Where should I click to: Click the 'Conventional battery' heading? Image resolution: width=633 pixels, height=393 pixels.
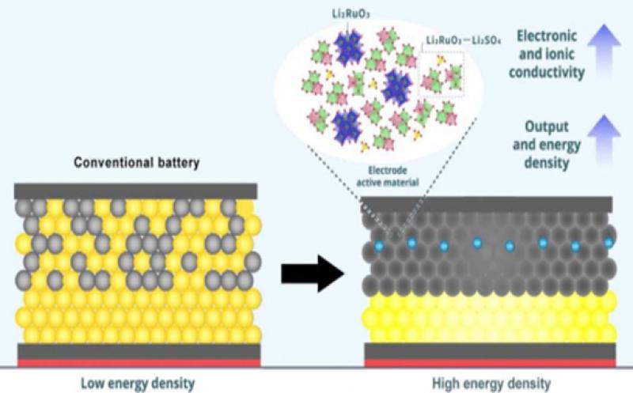pos(135,164)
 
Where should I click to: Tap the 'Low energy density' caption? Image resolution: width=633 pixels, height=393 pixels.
pos(135,384)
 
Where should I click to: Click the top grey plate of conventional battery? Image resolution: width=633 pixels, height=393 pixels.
pos(135,191)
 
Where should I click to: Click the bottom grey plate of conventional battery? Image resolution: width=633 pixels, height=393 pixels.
pos(135,350)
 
